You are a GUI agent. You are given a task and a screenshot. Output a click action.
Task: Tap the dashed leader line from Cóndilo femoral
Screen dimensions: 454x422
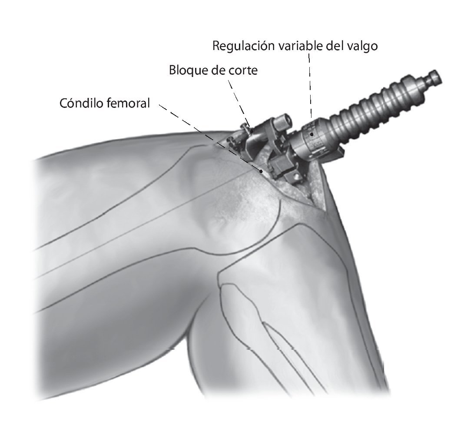[209, 137]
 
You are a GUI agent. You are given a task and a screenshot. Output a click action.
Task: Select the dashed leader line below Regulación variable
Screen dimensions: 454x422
[310, 87]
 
